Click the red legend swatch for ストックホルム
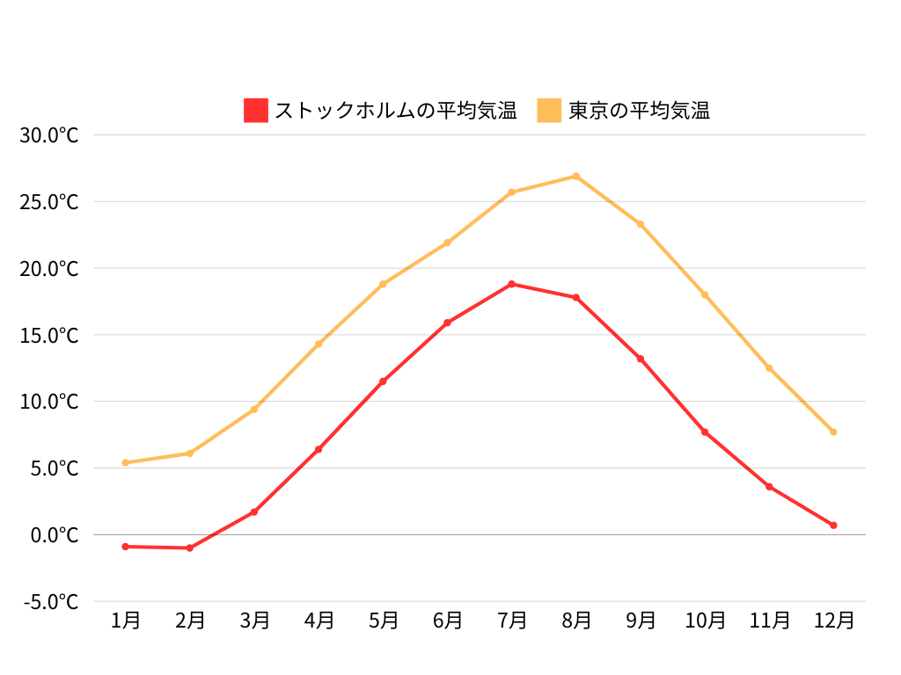click(255, 111)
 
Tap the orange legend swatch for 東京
click(549, 111)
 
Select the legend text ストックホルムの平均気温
click(395, 111)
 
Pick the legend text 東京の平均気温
click(639, 111)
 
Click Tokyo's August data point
click(576, 176)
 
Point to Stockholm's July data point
click(512, 284)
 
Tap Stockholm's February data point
click(190, 548)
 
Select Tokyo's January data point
click(126, 462)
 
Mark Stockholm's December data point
click(833, 525)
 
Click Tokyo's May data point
click(383, 284)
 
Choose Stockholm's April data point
click(319, 449)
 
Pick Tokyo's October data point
click(705, 294)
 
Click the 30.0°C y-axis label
click(50, 135)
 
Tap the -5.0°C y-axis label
click(50, 601)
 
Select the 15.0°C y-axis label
click(50, 335)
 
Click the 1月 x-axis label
click(126, 621)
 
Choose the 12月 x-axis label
click(833, 621)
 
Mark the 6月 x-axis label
click(447, 621)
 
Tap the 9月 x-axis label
click(641, 621)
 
